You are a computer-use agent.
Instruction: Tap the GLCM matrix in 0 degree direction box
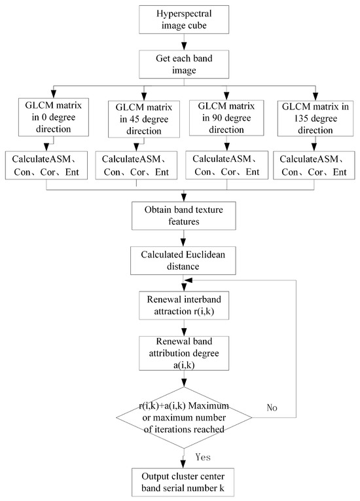[x=45, y=115]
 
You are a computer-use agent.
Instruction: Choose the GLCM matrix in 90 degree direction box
[x=225, y=115]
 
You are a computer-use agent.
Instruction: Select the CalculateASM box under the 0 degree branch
[x=45, y=166]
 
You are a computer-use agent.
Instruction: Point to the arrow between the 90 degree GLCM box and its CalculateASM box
[x=225, y=142]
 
